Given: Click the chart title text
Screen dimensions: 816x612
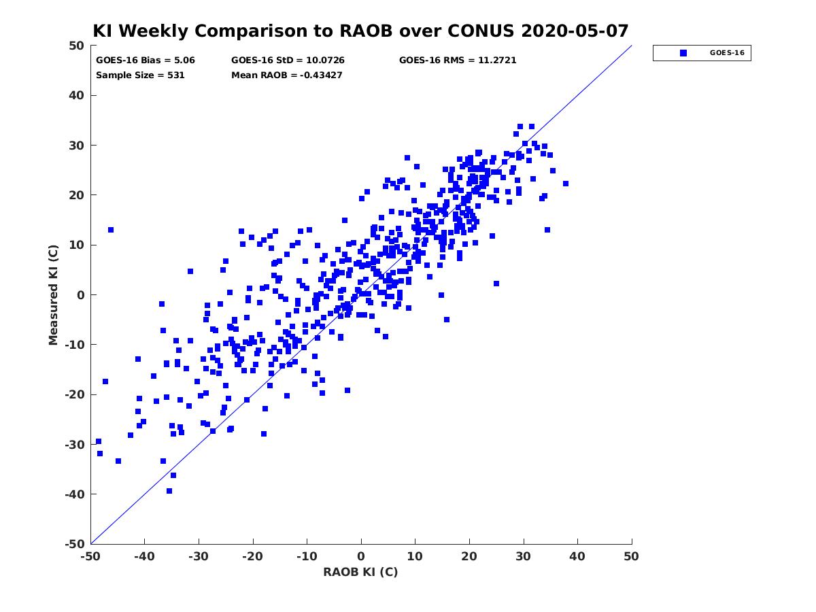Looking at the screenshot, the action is (360, 31).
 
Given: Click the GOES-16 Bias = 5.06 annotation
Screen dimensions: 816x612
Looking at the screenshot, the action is (146, 61).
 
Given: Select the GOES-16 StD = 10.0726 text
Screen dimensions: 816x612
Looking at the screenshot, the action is (288, 61).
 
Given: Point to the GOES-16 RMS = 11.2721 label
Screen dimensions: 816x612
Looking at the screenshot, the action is (458, 61).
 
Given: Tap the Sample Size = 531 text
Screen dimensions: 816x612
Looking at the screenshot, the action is (140, 75).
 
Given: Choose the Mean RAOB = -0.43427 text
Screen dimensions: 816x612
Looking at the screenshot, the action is (287, 75).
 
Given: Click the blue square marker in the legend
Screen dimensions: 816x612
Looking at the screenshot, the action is (683, 53).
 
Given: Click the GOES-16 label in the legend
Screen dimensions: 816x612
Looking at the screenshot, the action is (727, 53).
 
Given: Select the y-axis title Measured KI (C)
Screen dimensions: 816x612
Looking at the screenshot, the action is (53, 294).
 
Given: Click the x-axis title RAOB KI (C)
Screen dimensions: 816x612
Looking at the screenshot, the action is (360, 572).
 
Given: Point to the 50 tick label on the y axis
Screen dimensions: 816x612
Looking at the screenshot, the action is (77, 46).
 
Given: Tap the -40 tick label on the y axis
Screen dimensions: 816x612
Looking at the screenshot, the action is (75, 494).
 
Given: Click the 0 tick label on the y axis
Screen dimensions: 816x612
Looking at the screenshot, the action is (81, 295).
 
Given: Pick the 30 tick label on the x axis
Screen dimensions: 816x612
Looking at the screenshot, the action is (523, 556).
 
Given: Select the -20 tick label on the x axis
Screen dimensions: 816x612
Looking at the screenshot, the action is (252, 556).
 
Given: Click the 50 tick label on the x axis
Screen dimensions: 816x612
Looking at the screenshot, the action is (631, 556).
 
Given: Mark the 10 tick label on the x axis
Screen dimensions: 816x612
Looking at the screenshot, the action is (415, 556).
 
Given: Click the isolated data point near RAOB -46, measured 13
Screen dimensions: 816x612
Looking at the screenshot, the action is (111, 230).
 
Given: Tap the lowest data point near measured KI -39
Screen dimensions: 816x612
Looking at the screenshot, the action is (169, 491).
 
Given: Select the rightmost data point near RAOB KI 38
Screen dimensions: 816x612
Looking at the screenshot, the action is (566, 184).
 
